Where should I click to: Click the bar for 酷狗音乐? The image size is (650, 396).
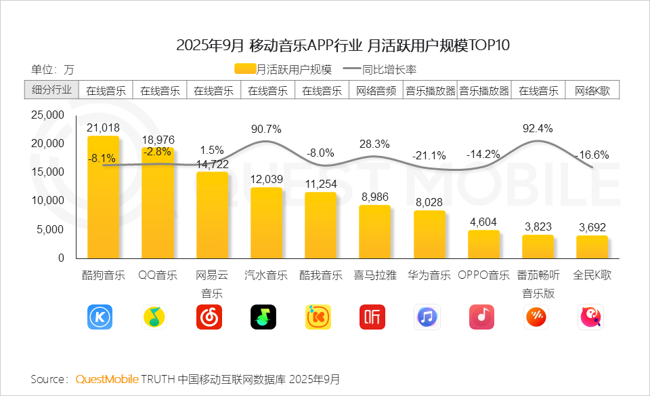pyautogui.click(x=103, y=197)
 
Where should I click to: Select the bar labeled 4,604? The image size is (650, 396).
pyautogui.click(x=483, y=244)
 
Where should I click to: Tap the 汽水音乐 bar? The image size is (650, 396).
pyautogui.click(x=266, y=222)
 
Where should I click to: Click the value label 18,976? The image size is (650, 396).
pyautogui.click(x=158, y=139)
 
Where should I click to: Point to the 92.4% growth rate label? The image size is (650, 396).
pyautogui.click(x=538, y=128)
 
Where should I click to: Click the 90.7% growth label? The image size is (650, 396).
pyautogui.click(x=266, y=129)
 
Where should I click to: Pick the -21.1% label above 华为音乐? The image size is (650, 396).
pyautogui.click(x=429, y=156)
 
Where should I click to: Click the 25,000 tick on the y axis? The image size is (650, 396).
pyautogui.click(x=48, y=115)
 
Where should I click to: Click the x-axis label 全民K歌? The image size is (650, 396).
pyautogui.click(x=592, y=276)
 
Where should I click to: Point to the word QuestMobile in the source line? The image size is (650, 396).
pyautogui.click(x=107, y=378)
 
